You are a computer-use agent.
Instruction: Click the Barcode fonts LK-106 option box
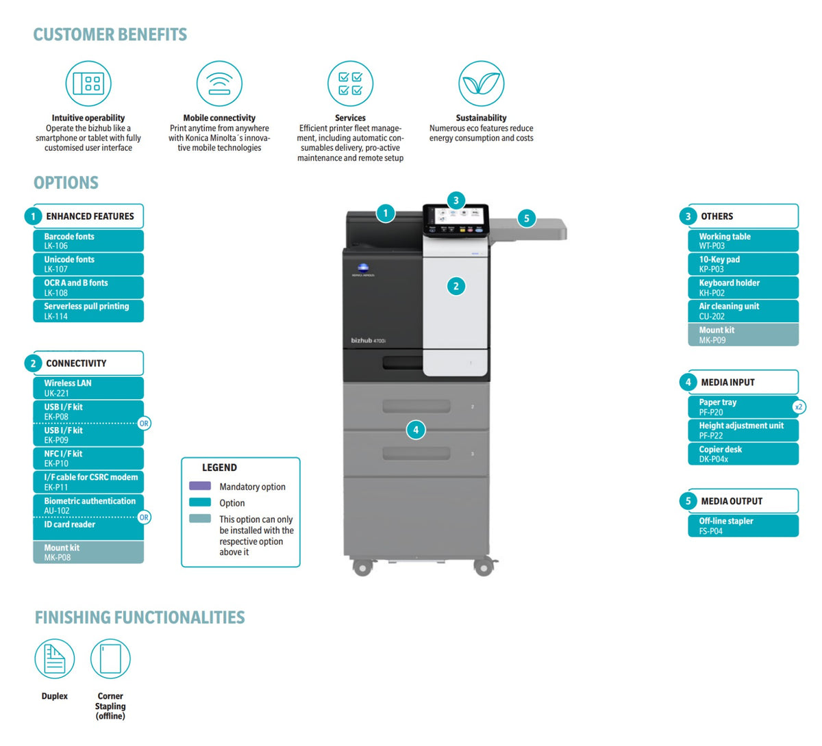pyautogui.click(x=88, y=241)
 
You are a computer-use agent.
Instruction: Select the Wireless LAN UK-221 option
pyautogui.click(x=88, y=388)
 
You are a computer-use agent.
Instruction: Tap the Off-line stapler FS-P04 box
pyautogui.click(x=743, y=526)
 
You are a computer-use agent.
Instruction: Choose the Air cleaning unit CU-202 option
pyautogui.click(x=743, y=311)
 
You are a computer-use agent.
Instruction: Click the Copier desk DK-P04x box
pyautogui.click(x=743, y=454)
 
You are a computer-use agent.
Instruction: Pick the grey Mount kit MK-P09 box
pyautogui.click(x=743, y=335)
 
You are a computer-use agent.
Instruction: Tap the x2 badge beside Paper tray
pyautogui.click(x=798, y=407)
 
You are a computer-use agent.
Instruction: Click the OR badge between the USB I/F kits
pyautogui.click(x=144, y=424)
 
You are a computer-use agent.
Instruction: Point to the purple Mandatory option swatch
pyautogui.click(x=200, y=486)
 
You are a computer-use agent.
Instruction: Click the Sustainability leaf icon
pyautogui.click(x=481, y=83)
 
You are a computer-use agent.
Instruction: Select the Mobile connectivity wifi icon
pyautogui.click(x=219, y=83)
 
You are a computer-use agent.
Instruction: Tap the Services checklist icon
pyautogui.click(x=350, y=83)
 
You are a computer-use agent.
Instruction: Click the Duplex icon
pyautogui.click(x=55, y=659)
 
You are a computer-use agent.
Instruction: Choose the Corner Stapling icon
pyautogui.click(x=110, y=659)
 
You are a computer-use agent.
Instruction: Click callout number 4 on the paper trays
pyautogui.click(x=416, y=430)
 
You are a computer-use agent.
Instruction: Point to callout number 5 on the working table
pyautogui.click(x=527, y=218)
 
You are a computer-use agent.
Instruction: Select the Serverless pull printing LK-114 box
pyautogui.click(x=88, y=311)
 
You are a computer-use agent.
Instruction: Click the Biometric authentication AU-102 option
pyautogui.click(x=88, y=505)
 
